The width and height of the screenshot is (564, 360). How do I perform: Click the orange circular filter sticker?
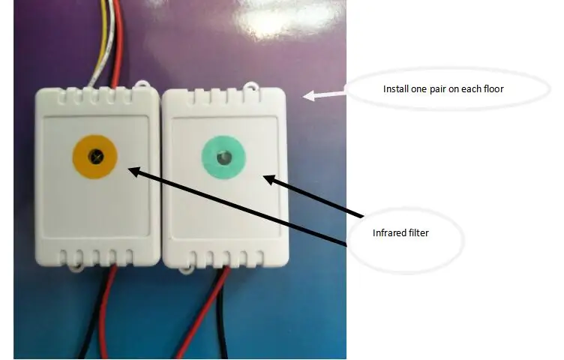pyautogui.click(x=95, y=157)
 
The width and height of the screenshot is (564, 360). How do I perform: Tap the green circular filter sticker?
pyautogui.click(x=223, y=157)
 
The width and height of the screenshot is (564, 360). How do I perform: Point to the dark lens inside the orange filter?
pyautogui.click(x=96, y=156)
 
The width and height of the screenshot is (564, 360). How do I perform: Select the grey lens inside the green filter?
pyautogui.click(x=223, y=157)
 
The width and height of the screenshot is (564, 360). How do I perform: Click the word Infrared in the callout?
pyautogui.click(x=385, y=233)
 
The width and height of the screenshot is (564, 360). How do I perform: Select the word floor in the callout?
pyautogui.click(x=494, y=88)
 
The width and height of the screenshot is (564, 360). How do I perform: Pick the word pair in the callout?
pyautogui.click(x=436, y=89)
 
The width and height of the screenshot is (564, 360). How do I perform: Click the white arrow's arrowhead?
pyautogui.click(x=308, y=96)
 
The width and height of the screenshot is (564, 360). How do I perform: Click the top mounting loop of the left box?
pyautogui.click(x=142, y=84)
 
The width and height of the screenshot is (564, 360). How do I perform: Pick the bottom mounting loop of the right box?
pyautogui.click(x=186, y=268)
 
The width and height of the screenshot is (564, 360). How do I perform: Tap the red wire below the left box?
pyautogui.click(x=106, y=311)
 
